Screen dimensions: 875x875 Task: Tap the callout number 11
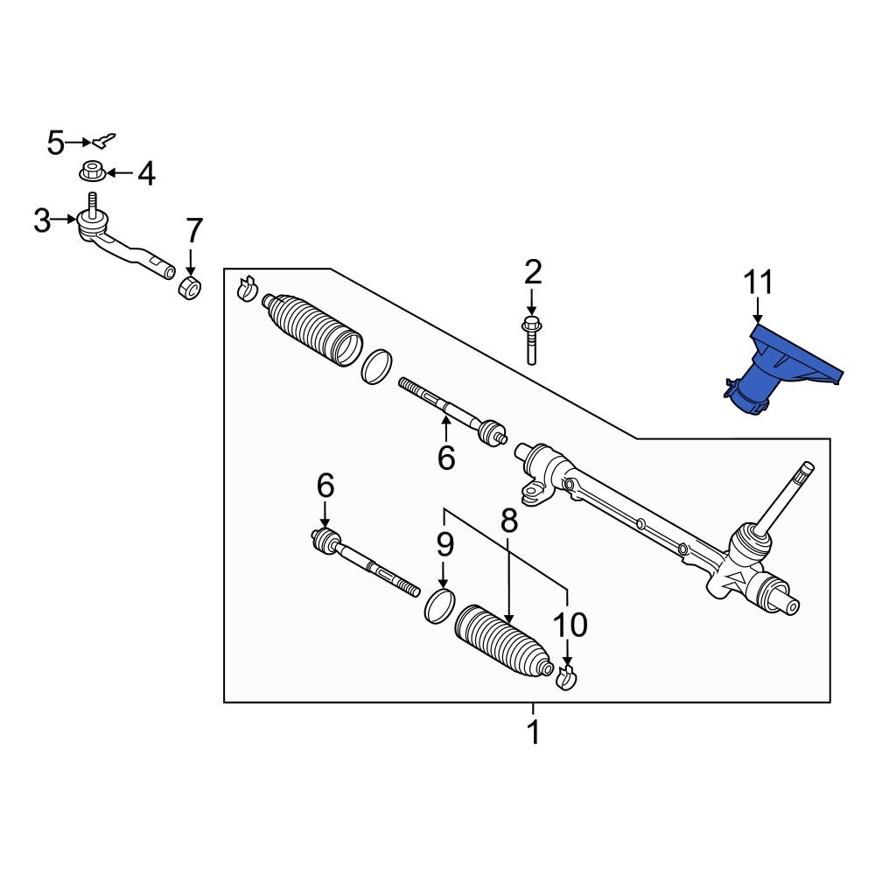click(758, 283)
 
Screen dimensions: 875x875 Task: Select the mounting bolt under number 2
click(531, 341)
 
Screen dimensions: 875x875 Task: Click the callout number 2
click(533, 272)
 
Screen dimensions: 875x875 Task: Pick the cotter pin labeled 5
click(104, 141)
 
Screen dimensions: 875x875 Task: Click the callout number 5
click(56, 143)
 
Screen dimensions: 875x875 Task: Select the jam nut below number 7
click(190, 287)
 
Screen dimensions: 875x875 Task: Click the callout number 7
click(194, 230)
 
